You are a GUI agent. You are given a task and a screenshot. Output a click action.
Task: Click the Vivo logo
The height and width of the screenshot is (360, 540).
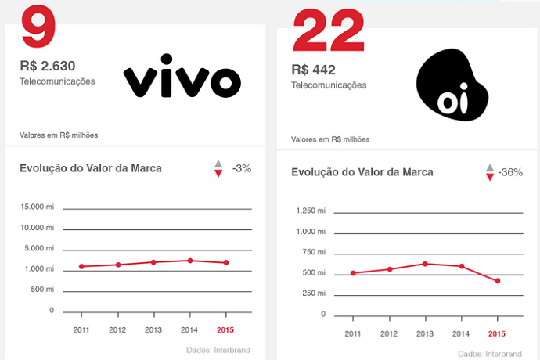pos(182,76)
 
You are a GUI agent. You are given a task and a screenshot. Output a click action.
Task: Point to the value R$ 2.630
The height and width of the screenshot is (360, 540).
pos(47,66)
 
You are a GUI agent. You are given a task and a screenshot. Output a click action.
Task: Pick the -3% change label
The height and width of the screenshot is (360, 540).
pos(242,167)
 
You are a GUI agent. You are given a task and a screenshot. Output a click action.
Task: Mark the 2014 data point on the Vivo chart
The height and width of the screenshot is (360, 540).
pos(189,260)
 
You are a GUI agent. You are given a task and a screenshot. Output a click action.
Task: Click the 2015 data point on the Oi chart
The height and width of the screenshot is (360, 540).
pos(497,280)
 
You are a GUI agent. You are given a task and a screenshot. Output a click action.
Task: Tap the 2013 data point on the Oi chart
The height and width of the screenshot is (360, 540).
pos(425,263)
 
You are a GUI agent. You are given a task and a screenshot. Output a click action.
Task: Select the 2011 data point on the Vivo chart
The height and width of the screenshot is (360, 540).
pos(81,266)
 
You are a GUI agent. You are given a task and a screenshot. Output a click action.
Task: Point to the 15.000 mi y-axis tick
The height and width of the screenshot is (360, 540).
pos(37,207)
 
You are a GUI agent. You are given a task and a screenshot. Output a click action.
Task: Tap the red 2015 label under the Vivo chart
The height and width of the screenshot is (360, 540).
pos(225,330)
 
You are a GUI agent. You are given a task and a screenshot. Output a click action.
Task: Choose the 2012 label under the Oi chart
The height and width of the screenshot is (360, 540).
pos(389,333)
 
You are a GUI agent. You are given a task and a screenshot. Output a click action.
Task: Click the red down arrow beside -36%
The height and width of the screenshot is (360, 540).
pos(490,178)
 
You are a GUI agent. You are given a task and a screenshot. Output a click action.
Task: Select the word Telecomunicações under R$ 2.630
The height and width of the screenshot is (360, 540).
pos(58,81)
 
